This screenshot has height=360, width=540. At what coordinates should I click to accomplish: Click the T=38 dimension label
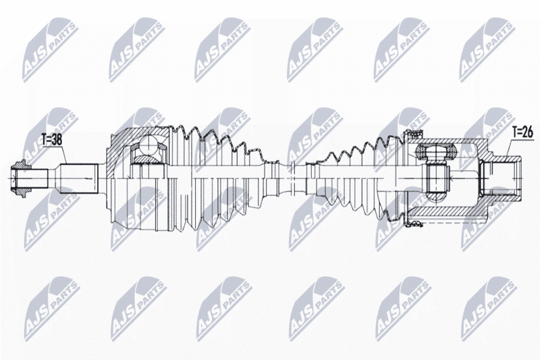[x=52, y=140]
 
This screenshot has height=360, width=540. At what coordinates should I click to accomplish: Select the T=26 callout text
[x=522, y=132]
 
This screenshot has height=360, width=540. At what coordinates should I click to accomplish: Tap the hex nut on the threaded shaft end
[x=20, y=179]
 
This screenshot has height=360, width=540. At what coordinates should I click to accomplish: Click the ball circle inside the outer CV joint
[x=148, y=145]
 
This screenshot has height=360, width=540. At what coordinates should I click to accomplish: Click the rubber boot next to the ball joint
[x=221, y=179]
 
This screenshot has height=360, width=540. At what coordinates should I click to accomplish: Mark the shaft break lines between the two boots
[x=292, y=178]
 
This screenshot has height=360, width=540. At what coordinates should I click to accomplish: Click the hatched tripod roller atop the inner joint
[x=436, y=151]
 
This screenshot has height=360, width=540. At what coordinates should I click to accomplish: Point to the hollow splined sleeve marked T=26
[x=502, y=179]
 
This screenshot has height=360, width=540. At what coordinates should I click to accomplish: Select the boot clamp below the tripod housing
[x=414, y=224]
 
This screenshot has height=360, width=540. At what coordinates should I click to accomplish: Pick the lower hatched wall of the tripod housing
[x=448, y=211]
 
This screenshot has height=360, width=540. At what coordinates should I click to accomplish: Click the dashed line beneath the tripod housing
[x=448, y=224]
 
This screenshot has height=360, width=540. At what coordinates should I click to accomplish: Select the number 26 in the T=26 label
[x=528, y=132]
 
